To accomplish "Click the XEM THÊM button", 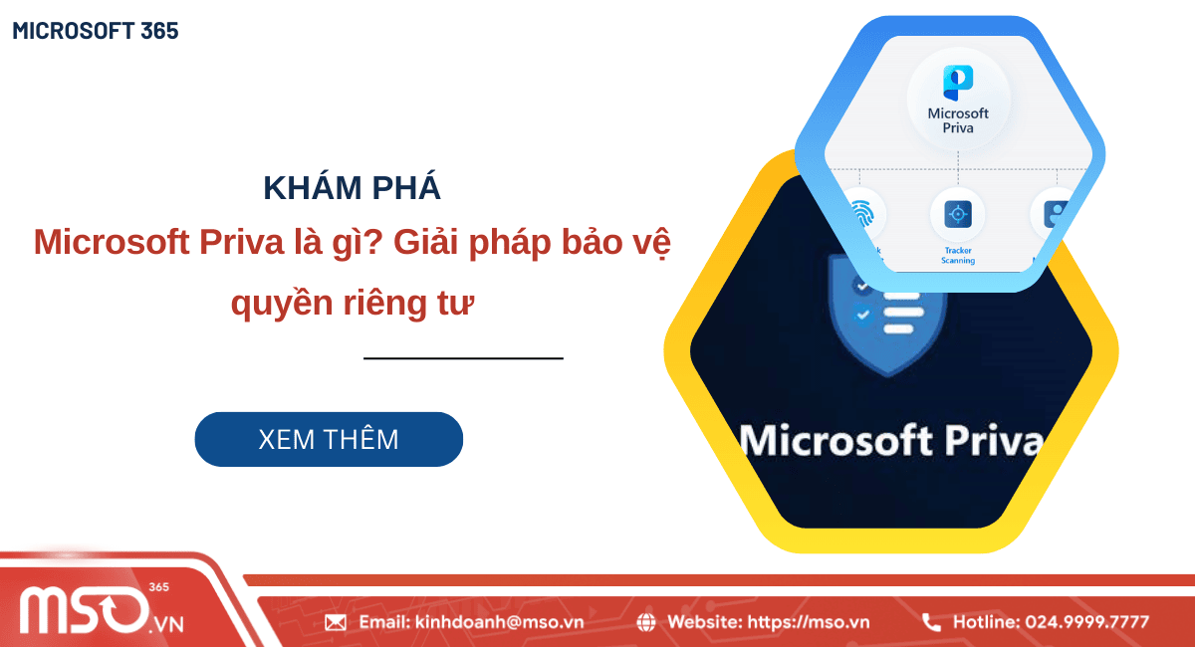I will coord(329,439).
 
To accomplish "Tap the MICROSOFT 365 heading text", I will coord(96,31).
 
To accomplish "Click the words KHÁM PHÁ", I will coord(352,188).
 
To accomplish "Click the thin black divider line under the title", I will coord(463,357).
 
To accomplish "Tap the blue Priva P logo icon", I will coord(957,83).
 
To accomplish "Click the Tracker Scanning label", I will coord(958,256).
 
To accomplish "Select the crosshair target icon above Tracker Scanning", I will coord(958,213).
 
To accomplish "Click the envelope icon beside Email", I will coord(336,622).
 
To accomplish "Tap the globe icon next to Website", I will coord(646,622).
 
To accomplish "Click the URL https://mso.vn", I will coord(808,622).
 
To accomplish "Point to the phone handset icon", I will coord(931,622).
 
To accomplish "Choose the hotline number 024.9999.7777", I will coord(1086,622).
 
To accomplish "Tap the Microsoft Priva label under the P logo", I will coord(957,120).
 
